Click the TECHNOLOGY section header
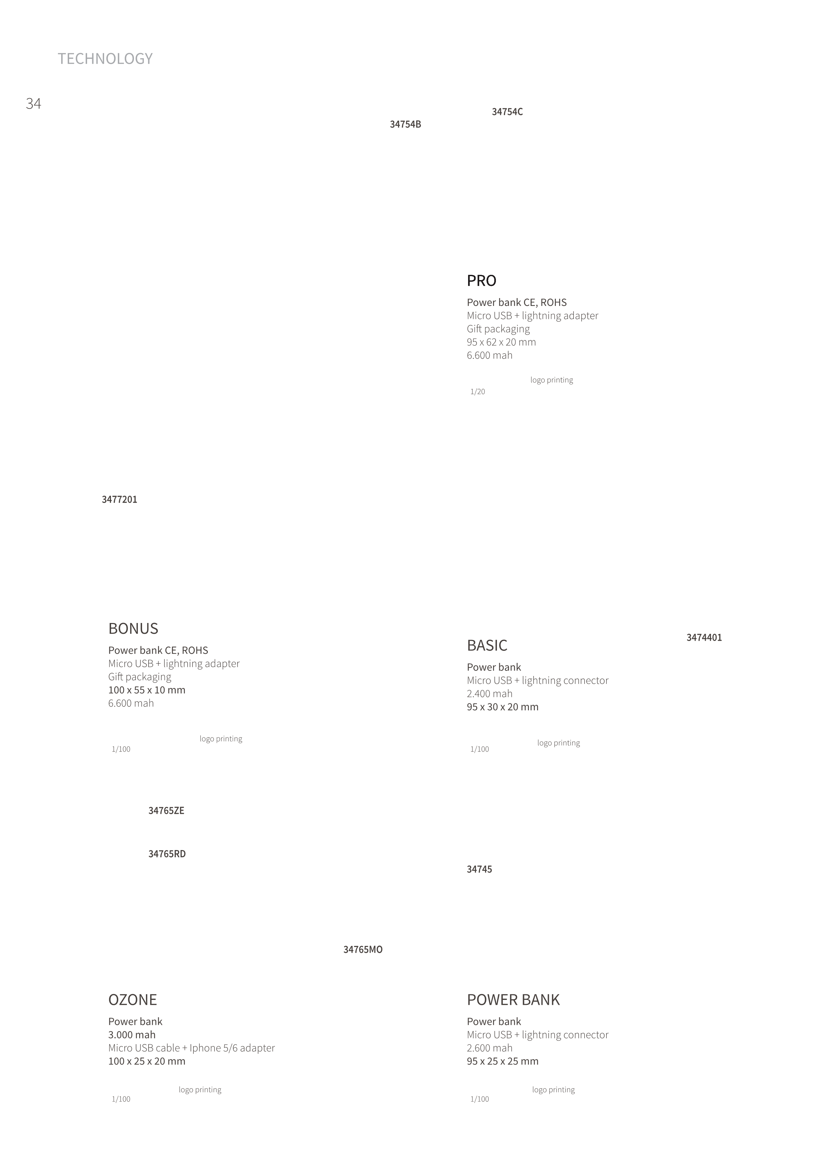[x=105, y=59]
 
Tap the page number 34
[x=33, y=104]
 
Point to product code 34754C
[x=507, y=112]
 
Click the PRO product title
[x=481, y=281]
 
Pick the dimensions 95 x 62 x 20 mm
[x=501, y=342]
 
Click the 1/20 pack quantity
[x=478, y=392]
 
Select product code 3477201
[x=119, y=500]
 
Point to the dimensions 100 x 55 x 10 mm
[x=147, y=690]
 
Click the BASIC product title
[x=487, y=646]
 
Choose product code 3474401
[x=704, y=638]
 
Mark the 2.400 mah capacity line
[x=490, y=694]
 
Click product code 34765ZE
[x=166, y=811]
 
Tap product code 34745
[x=479, y=870]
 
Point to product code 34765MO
[x=363, y=950]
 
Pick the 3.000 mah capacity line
[x=132, y=1035]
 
